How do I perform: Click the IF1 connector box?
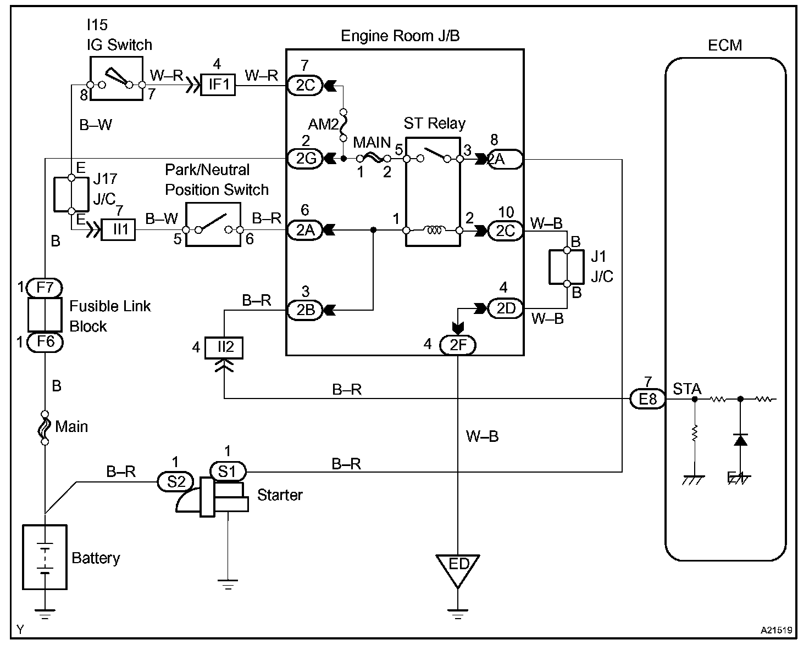point(218,85)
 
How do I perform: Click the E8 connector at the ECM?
point(648,399)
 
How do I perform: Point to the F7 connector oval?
point(45,288)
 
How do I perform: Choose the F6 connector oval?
point(45,342)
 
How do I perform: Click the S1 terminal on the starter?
point(228,471)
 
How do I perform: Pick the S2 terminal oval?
point(176,481)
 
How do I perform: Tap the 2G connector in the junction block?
point(306,159)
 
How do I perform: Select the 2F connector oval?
point(457,345)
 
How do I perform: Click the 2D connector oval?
point(506,309)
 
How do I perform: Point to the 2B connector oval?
point(306,310)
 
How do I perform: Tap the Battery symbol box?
point(45,557)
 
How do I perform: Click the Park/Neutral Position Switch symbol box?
point(213,225)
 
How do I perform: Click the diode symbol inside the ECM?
point(740,440)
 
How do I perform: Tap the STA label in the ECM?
point(687,389)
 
